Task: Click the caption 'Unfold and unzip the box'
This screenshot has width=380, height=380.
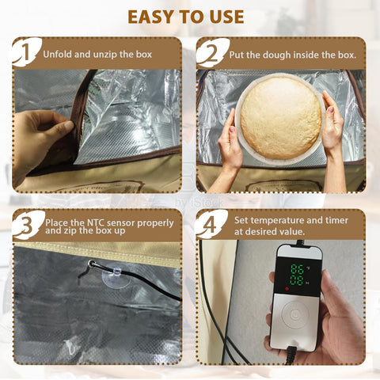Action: pyautogui.click(x=97, y=55)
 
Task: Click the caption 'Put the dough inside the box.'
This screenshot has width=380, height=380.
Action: pyautogui.click(x=294, y=55)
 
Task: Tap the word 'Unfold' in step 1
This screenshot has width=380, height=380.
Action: pyautogui.click(x=57, y=55)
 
